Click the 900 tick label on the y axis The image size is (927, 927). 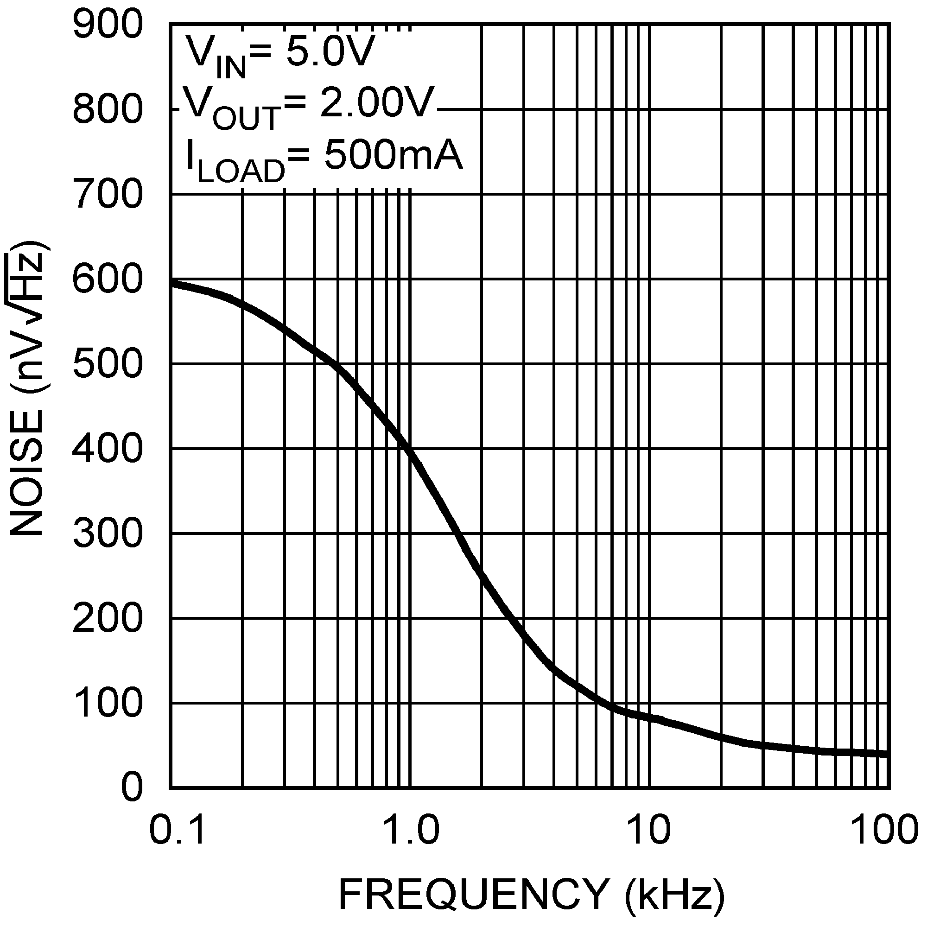[108, 25]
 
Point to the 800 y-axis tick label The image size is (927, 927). [108, 109]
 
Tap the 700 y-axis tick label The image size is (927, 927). [108, 194]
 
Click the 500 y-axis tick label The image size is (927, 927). [108, 364]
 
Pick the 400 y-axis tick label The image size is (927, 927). [108, 449]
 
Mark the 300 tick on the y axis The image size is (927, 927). [108, 533]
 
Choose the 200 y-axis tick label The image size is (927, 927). [108, 618]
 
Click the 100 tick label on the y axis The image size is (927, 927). [108, 704]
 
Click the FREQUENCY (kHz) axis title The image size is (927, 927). [531, 894]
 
